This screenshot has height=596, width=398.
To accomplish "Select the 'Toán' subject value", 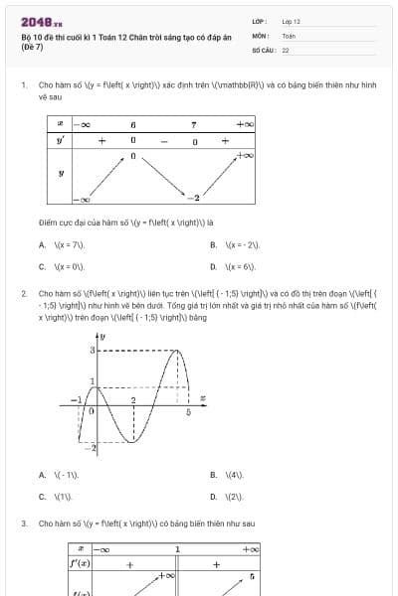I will [x=289, y=35].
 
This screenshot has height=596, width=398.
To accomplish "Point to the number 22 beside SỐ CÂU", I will [x=286, y=49].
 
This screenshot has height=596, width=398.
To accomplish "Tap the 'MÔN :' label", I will [x=260, y=35].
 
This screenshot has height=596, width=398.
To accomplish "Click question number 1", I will [x=23, y=85].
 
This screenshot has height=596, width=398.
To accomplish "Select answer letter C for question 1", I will [x=42, y=266].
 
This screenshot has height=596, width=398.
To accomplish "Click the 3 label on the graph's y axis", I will [x=93, y=352].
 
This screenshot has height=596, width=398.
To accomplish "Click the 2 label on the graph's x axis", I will [x=133, y=399].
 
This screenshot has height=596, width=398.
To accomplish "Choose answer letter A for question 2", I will [x=42, y=475].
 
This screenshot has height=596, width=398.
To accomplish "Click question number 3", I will [x=23, y=522].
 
